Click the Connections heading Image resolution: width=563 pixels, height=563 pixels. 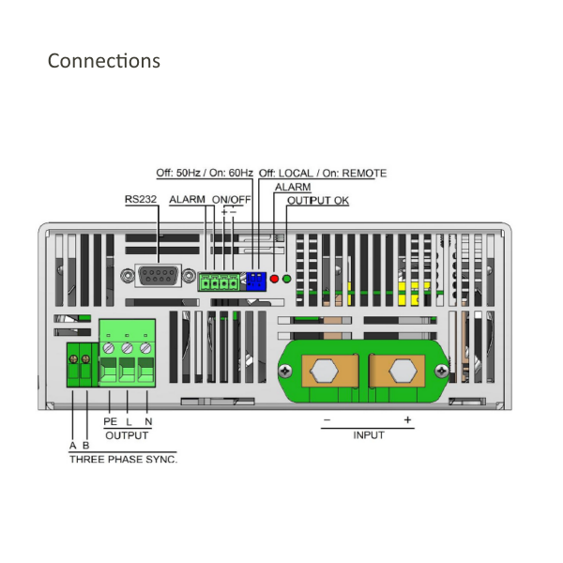pos(103,61)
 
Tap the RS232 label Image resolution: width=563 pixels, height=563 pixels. pos(141,200)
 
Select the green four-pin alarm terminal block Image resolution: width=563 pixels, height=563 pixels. pos(217,280)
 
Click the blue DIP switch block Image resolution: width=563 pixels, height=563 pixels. pos(254,280)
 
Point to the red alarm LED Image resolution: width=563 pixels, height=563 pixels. pos(274,279)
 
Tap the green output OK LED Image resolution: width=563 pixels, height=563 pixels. pos(286,279)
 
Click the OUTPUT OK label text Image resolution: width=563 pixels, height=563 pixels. pos(317,201)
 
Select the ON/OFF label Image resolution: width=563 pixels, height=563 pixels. pos(231,200)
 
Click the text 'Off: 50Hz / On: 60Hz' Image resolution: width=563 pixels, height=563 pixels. pos(204,174)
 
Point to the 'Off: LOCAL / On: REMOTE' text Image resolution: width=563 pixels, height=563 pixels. pos(322,174)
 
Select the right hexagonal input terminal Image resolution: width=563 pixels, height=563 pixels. pos(404,369)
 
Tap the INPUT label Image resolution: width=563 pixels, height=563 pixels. pos(368,434)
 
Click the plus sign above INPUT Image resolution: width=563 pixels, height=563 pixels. pos(407,419)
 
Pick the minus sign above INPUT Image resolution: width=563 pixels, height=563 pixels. pos(327,419)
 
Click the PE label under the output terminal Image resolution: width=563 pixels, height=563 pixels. pos(110,421)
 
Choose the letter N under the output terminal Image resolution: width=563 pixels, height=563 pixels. pos(147,421)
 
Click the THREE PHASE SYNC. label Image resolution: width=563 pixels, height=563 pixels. pos(123,460)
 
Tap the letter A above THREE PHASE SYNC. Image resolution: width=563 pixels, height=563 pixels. pos(72,445)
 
